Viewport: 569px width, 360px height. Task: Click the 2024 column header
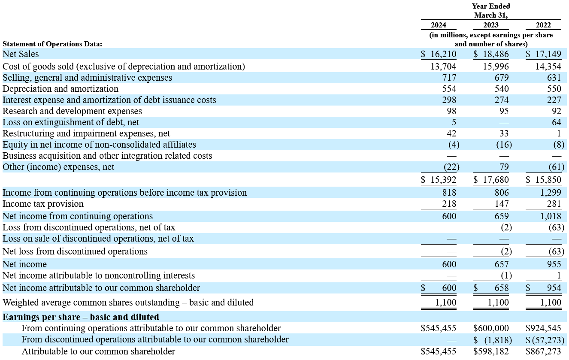coord(439,25)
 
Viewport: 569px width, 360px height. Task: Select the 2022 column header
coord(543,25)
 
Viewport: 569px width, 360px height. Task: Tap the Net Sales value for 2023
coord(491,54)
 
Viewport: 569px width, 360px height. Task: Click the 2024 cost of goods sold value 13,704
coord(443,67)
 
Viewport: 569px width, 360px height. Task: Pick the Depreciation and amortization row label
coord(61,89)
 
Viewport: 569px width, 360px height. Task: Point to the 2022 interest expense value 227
coord(554,100)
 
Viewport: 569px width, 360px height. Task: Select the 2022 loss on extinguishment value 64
coord(556,122)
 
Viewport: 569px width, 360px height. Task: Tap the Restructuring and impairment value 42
coord(451,133)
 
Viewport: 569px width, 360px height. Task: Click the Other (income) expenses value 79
coord(504,167)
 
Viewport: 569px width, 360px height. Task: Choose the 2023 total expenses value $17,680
coord(491,180)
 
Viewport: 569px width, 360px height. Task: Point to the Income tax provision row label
coord(43,204)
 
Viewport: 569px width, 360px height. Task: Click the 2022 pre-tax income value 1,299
coord(551,193)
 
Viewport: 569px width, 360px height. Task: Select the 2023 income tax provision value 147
coord(502,204)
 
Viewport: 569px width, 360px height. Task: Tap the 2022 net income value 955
coord(554,264)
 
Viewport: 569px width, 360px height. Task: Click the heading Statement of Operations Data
coord(52,44)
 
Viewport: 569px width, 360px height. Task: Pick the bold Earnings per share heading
coord(81,317)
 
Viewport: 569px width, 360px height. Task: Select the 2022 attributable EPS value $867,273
coord(543,351)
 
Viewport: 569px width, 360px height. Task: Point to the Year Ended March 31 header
coord(491,11)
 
